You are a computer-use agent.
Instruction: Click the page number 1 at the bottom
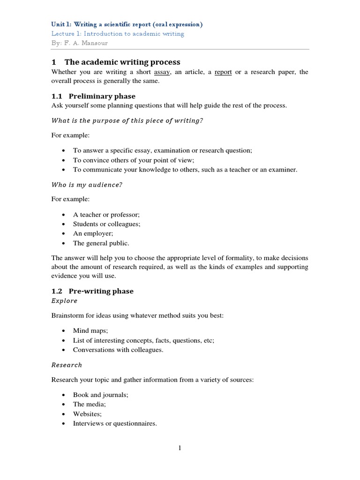[x=179, y=449]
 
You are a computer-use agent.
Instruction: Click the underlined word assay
[x=162, y=72]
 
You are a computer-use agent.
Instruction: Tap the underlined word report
[x=223, y=72]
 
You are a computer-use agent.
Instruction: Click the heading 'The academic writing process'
[x=122, y=62]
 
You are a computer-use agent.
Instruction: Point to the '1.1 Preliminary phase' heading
[x=93, y=96]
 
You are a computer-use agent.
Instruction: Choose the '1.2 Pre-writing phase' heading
[x=92, y=291]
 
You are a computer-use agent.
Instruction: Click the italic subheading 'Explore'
[x=64, y=300]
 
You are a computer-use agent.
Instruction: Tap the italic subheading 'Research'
[x=67, y=365]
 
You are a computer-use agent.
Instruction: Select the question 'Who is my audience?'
[x=87, y=184]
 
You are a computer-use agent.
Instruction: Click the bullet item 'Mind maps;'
[x=90, y=330]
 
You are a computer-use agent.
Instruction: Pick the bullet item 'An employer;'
[x=93, y=233]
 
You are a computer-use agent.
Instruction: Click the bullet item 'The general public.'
[x=101, y=243]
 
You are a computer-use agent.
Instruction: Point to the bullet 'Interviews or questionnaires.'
[x=115, y=423]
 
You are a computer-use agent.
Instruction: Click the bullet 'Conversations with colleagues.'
[x=118, y=350]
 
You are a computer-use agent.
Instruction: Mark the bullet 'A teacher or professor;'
[x=106, y=214]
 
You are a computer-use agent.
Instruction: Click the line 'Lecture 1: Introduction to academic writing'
[x=118, y=34]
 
